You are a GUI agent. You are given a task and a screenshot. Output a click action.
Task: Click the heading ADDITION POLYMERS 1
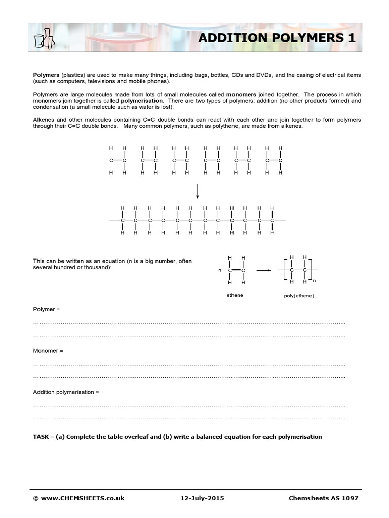tap(276, 38)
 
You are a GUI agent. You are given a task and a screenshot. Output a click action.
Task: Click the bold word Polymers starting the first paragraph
tap(46, 75)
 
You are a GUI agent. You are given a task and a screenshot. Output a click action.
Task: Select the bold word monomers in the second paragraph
tap(241, 94)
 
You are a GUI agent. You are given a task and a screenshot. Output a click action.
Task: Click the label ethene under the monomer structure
tap(235, 295)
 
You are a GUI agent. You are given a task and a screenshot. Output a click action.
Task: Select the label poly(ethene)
tap(298, 296)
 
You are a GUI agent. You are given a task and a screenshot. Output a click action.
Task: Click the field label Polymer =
tap(46, 309)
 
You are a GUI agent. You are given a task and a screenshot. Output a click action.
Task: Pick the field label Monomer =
tap(48, 350)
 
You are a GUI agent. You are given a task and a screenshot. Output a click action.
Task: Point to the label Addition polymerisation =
tap(66, 392)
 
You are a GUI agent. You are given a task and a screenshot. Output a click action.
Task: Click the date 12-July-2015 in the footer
tap(198, 498)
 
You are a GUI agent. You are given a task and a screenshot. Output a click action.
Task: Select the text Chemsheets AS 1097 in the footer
tap(323, 498)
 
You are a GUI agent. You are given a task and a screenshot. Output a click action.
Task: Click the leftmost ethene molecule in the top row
tap(117, 161)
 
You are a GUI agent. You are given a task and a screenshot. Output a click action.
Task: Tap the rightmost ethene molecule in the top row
tap(274, 161)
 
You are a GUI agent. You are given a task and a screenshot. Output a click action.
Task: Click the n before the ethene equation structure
tap(220, 271)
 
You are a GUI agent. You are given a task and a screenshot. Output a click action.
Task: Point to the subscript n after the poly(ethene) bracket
tap(314, 280)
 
